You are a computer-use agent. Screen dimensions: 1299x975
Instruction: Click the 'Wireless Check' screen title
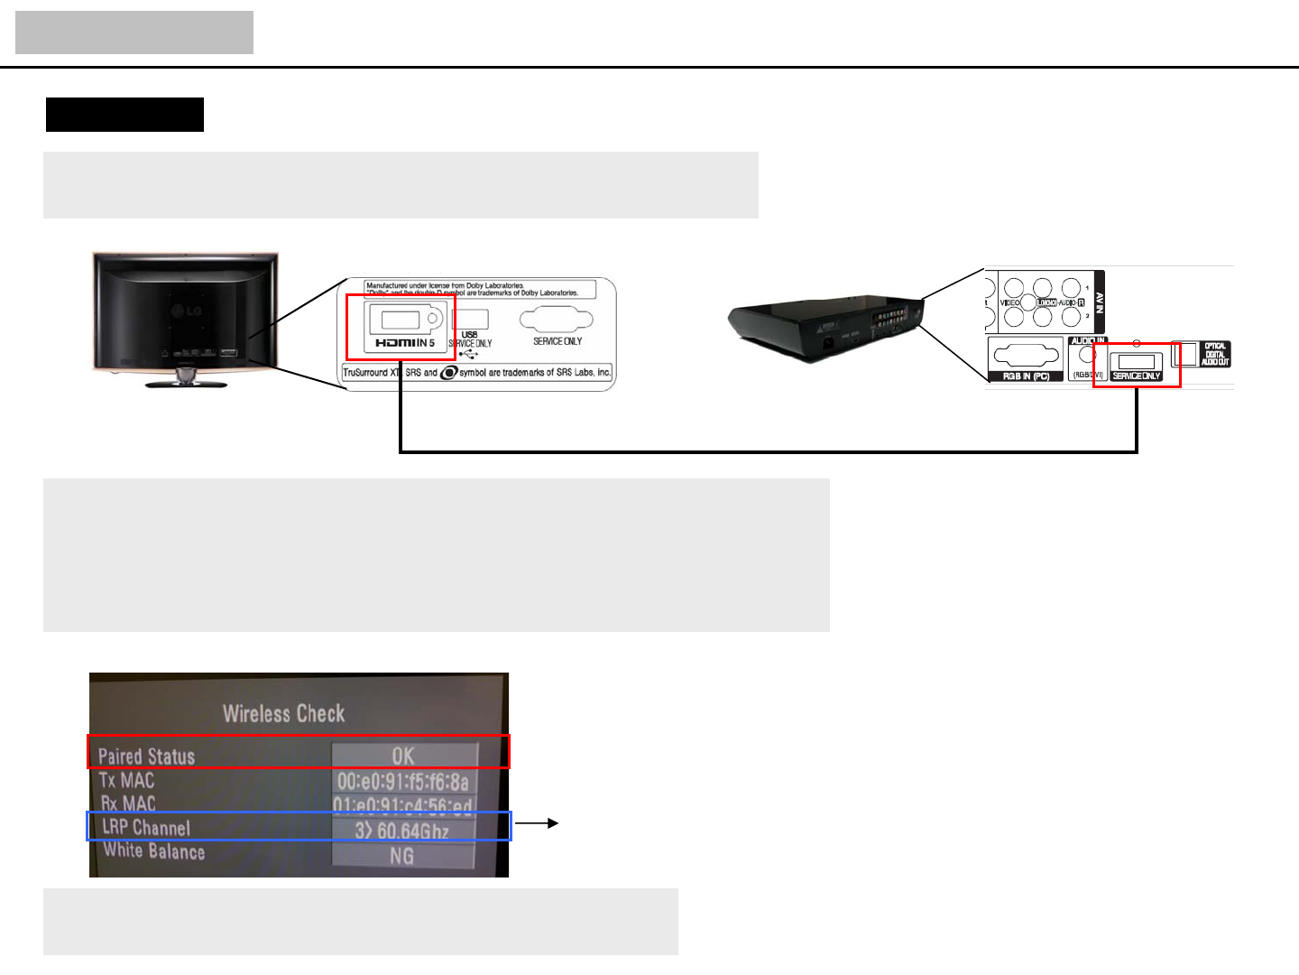tap(283, 714)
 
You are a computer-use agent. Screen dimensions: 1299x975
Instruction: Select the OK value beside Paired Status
tap(403, 756)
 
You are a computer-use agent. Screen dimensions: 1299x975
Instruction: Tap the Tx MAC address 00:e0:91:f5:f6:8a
tap(403, 781)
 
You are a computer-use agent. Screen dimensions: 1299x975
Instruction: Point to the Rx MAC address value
tap(403, 805)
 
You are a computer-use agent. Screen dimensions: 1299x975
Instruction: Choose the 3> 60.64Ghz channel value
tap(402, 830)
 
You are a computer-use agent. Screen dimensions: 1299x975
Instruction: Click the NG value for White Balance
tap(402, 855)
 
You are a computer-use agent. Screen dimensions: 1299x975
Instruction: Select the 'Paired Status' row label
tap(146, 757)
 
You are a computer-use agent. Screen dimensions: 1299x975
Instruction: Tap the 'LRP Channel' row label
tap(146, 828)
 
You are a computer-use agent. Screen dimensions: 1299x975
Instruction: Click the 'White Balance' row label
tap(153, 850)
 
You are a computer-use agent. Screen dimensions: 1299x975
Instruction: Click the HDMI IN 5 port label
tap(405, 343)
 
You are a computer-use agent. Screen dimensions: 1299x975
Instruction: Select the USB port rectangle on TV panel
tap(470, 319)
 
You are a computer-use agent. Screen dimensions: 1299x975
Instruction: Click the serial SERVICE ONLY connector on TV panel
tap(557, 320)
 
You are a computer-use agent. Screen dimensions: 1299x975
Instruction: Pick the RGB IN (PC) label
tap(1026, 376)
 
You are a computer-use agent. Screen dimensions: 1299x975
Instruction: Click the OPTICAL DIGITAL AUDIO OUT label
tap(1215, 354)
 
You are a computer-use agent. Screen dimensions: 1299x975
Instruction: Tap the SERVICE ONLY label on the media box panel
tap(1136, 376)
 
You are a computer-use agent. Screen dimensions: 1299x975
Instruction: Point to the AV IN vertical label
tap(1099, 302)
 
